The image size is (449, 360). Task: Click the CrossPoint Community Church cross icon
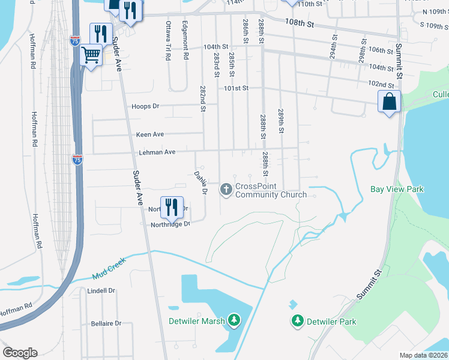pyautogui.click(x=226, y=190)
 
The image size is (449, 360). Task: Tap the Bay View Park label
pyautogui.click(x=397, y=190)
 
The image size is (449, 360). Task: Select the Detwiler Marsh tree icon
pyautogui.click(x=235, y=321)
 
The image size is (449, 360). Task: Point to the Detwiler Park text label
pyautogui.click(x=331, y=322)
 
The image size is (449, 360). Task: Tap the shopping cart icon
pyautogui.click(x=91, y=55)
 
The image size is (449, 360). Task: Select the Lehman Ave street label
pyautogui.click(x=157, y=152)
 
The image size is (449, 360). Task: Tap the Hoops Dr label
pyautogui.click(x=145, y=106)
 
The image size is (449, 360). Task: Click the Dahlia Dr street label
pyautogui.click(x=200, y=183)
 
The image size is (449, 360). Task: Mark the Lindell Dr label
pyautogui.click(x=101, y=290)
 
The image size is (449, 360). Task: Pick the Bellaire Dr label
pyautogui.click(x=106, y=323)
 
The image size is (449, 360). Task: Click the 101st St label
pyautogui.click(x=236, y=88)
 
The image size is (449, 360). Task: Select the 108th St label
pyautogui.click(x=300, y=23)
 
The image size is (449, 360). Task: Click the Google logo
pyautogui.click(x=20, y=352)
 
